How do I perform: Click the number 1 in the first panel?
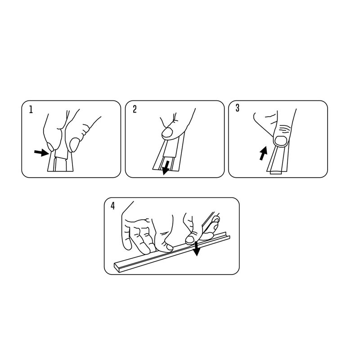[31, 109]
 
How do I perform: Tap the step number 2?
[135, 109]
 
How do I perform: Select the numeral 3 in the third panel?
[238, 108]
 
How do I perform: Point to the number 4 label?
[112, 206]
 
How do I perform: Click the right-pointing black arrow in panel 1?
[41, 153]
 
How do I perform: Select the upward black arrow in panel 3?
[263, 153]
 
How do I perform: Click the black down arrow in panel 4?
[196, 248]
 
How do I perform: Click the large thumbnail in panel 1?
[74, 145]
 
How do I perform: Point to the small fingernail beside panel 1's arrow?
[50, 147]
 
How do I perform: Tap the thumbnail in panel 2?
[167, 133]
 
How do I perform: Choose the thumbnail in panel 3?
[281, 140]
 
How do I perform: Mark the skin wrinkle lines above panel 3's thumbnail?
[284, 129]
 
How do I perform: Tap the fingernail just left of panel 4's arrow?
[190, 239]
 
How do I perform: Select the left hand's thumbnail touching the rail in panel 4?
[170, 247]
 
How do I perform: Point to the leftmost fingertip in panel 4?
[127, 245]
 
